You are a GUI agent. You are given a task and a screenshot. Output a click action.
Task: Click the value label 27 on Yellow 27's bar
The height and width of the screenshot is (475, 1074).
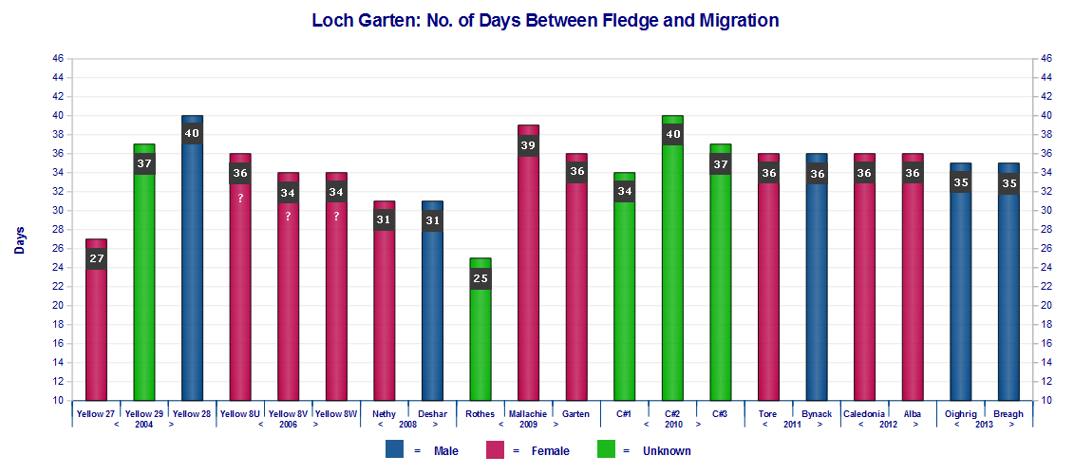(96, 258)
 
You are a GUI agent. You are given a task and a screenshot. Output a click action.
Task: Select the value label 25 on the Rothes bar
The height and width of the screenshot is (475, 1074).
(480, 278)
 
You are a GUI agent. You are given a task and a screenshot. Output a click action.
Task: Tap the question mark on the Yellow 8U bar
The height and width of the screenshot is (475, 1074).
(240, 198)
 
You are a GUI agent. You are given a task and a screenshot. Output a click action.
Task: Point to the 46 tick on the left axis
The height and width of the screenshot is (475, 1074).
(57, 59)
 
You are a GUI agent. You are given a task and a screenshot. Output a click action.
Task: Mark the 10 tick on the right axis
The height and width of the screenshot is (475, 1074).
(1046, 401)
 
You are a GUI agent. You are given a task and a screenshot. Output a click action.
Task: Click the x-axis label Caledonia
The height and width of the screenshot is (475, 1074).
(865, 414)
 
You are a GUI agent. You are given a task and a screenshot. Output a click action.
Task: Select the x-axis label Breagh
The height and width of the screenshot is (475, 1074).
(1008, 414)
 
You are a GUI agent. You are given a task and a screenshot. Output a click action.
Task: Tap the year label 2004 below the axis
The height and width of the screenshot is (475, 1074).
(143, 425)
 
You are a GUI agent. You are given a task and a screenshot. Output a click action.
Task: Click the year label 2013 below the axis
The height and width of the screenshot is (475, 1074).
(985, 425)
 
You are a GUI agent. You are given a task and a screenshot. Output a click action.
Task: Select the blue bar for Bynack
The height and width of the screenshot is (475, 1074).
(817, 285)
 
